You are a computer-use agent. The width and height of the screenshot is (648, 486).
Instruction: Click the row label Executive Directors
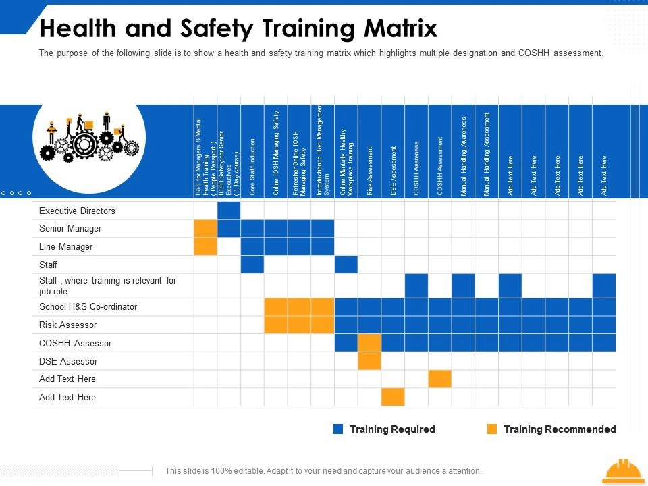pos(77,211)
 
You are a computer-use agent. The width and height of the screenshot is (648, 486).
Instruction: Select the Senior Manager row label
pos(70,229)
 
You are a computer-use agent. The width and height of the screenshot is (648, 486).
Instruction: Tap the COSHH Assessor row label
pos(75,344)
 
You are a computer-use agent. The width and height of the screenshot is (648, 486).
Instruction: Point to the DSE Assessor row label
pos(68,362)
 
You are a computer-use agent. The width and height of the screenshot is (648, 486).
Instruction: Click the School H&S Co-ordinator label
pos(88,307)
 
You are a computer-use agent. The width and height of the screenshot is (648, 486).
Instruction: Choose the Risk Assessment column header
pos(370,171)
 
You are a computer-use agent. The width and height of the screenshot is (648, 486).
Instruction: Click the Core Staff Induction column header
pos(252,167)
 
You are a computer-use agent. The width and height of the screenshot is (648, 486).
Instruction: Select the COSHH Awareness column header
pos(417,169)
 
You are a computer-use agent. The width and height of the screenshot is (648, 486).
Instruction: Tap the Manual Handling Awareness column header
pos(464,157)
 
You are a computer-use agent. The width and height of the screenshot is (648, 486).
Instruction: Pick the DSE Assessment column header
pos(394,171)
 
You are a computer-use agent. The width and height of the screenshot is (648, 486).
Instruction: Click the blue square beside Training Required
pos(339,429)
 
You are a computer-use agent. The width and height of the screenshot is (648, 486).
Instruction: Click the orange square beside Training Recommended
pos(492,429)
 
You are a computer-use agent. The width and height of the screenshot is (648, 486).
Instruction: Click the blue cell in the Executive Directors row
pos(229,211)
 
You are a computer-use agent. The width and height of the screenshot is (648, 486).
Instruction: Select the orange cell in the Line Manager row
pos(205,246)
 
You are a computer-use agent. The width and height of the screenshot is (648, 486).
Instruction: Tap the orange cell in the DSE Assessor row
pos(370,361)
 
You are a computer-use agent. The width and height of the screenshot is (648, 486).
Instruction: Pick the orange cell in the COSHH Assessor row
pos(370,343)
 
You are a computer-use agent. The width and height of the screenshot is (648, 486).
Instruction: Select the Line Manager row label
pos(66,247)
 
